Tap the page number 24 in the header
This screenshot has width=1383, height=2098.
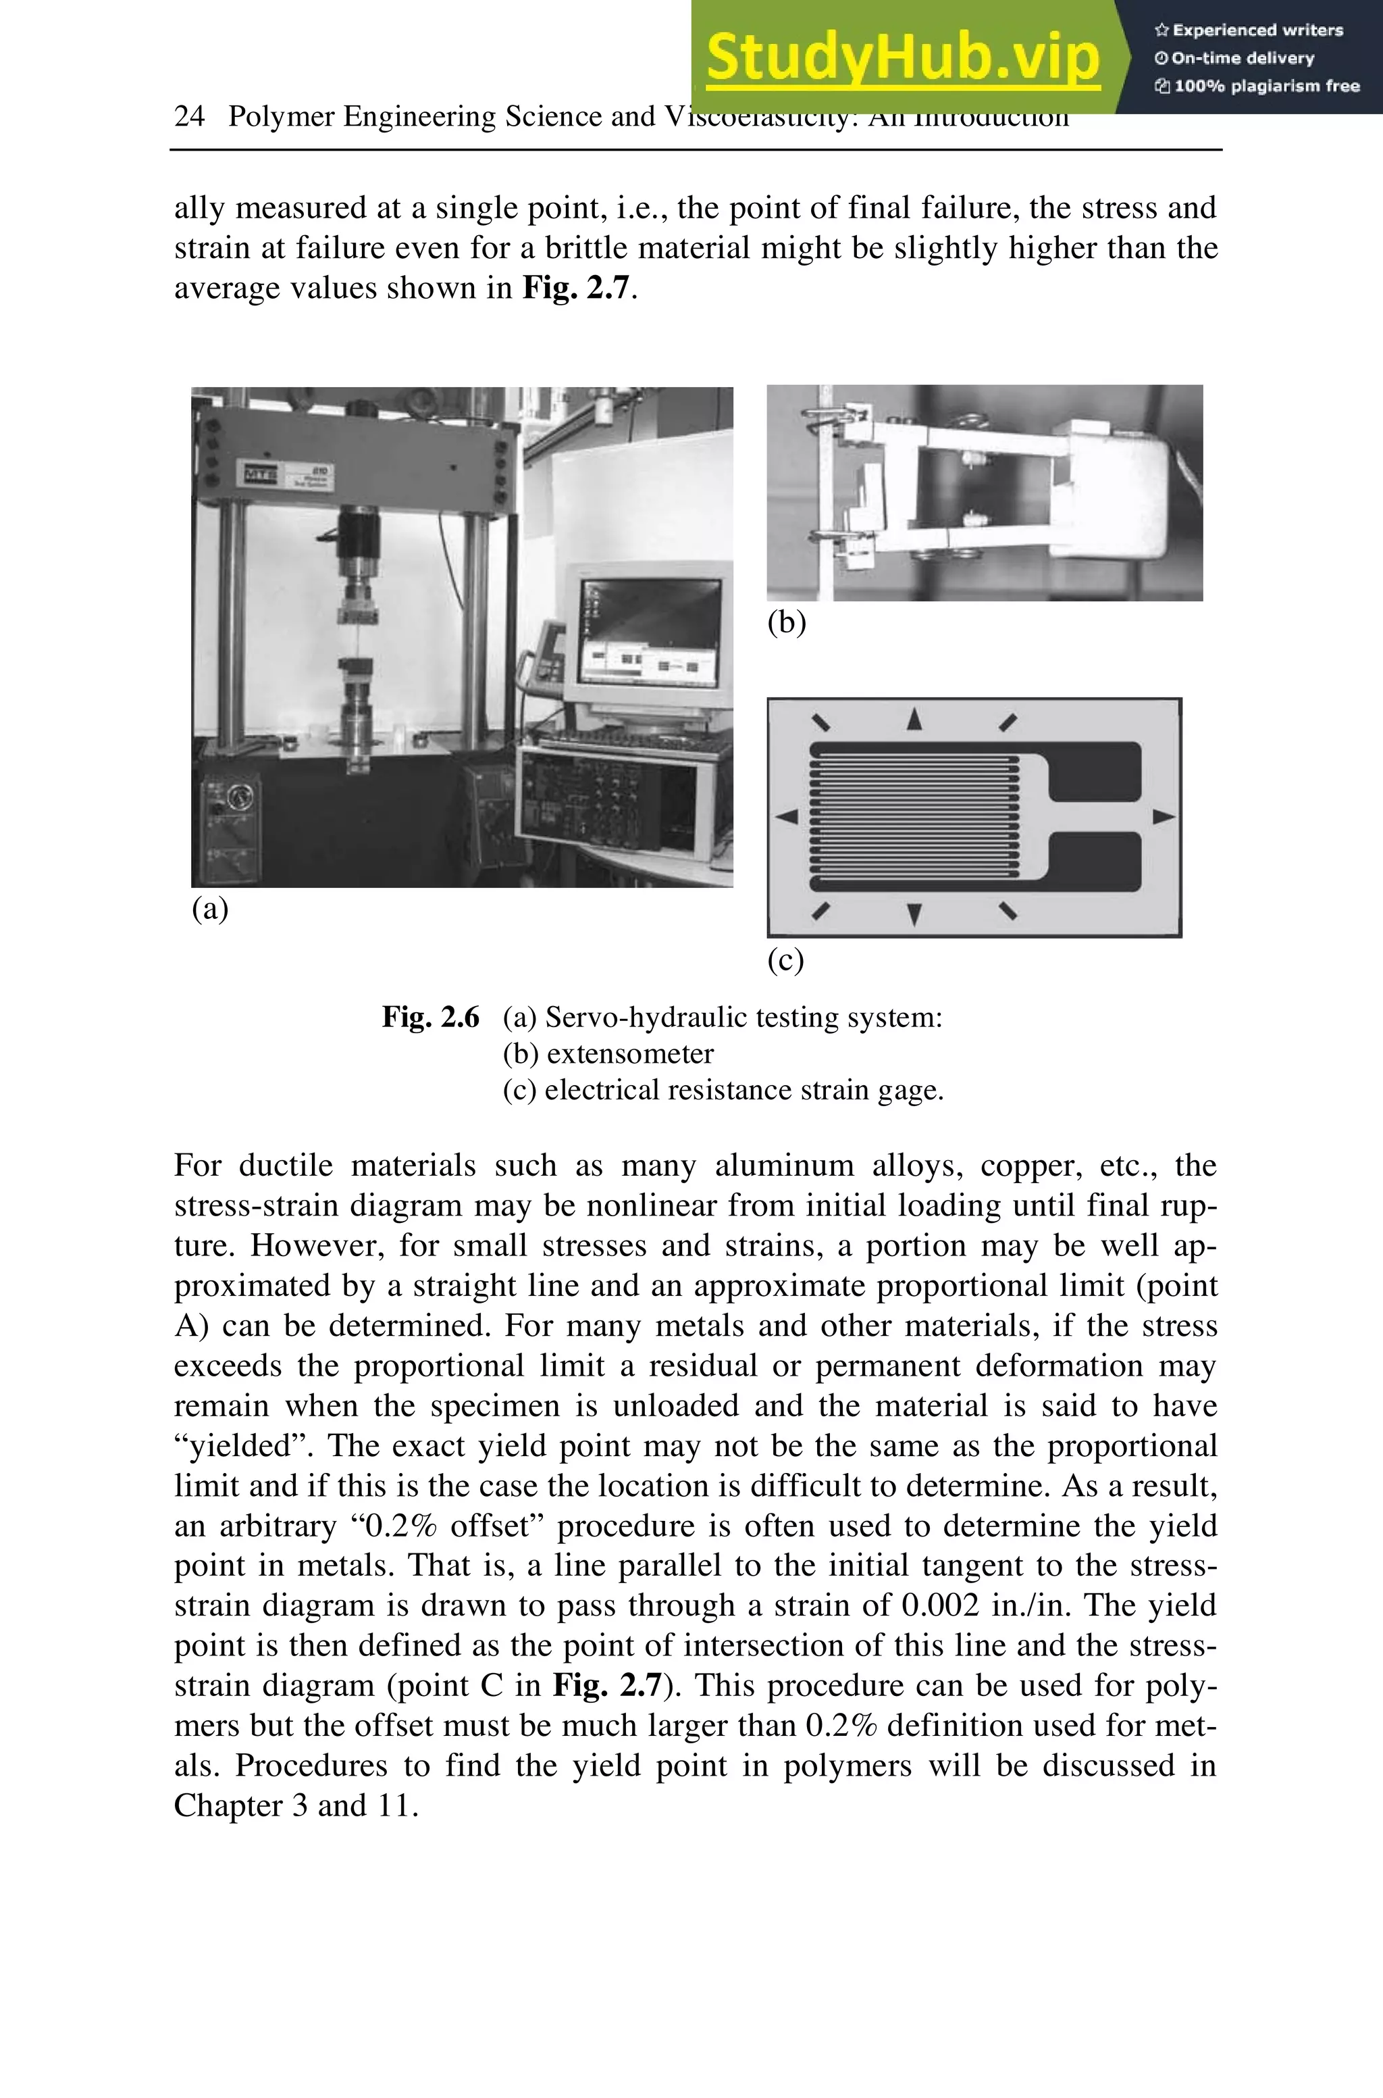[190, 116]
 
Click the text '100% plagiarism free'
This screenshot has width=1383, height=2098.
[1265, 86]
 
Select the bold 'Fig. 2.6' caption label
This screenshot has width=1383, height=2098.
[430, 1017]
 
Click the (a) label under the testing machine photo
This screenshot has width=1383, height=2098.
[210, 908]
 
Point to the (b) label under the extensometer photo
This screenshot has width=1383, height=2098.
[786, 623]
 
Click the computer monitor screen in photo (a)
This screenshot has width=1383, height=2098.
[650, 630]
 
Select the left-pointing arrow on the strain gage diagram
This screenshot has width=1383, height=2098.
[786, 817]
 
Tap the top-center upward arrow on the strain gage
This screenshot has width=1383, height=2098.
[914, 719]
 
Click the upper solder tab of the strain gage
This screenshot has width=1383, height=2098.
[1094, 771]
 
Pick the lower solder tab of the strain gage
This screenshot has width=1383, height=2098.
[1094, 861]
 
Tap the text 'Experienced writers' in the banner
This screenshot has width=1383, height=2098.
[1257, 30]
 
